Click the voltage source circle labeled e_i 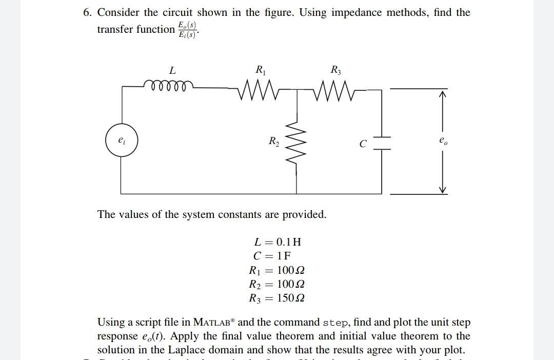pos(121,140)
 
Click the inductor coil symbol pos(169,85)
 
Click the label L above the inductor pos(172,70)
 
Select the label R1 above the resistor pos(260,69)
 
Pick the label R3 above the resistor pos(335,69)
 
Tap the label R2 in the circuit pos(274,140)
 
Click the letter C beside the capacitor pos(363,144)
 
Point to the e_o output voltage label pos(443,140)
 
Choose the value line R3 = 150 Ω pos(278,298)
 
